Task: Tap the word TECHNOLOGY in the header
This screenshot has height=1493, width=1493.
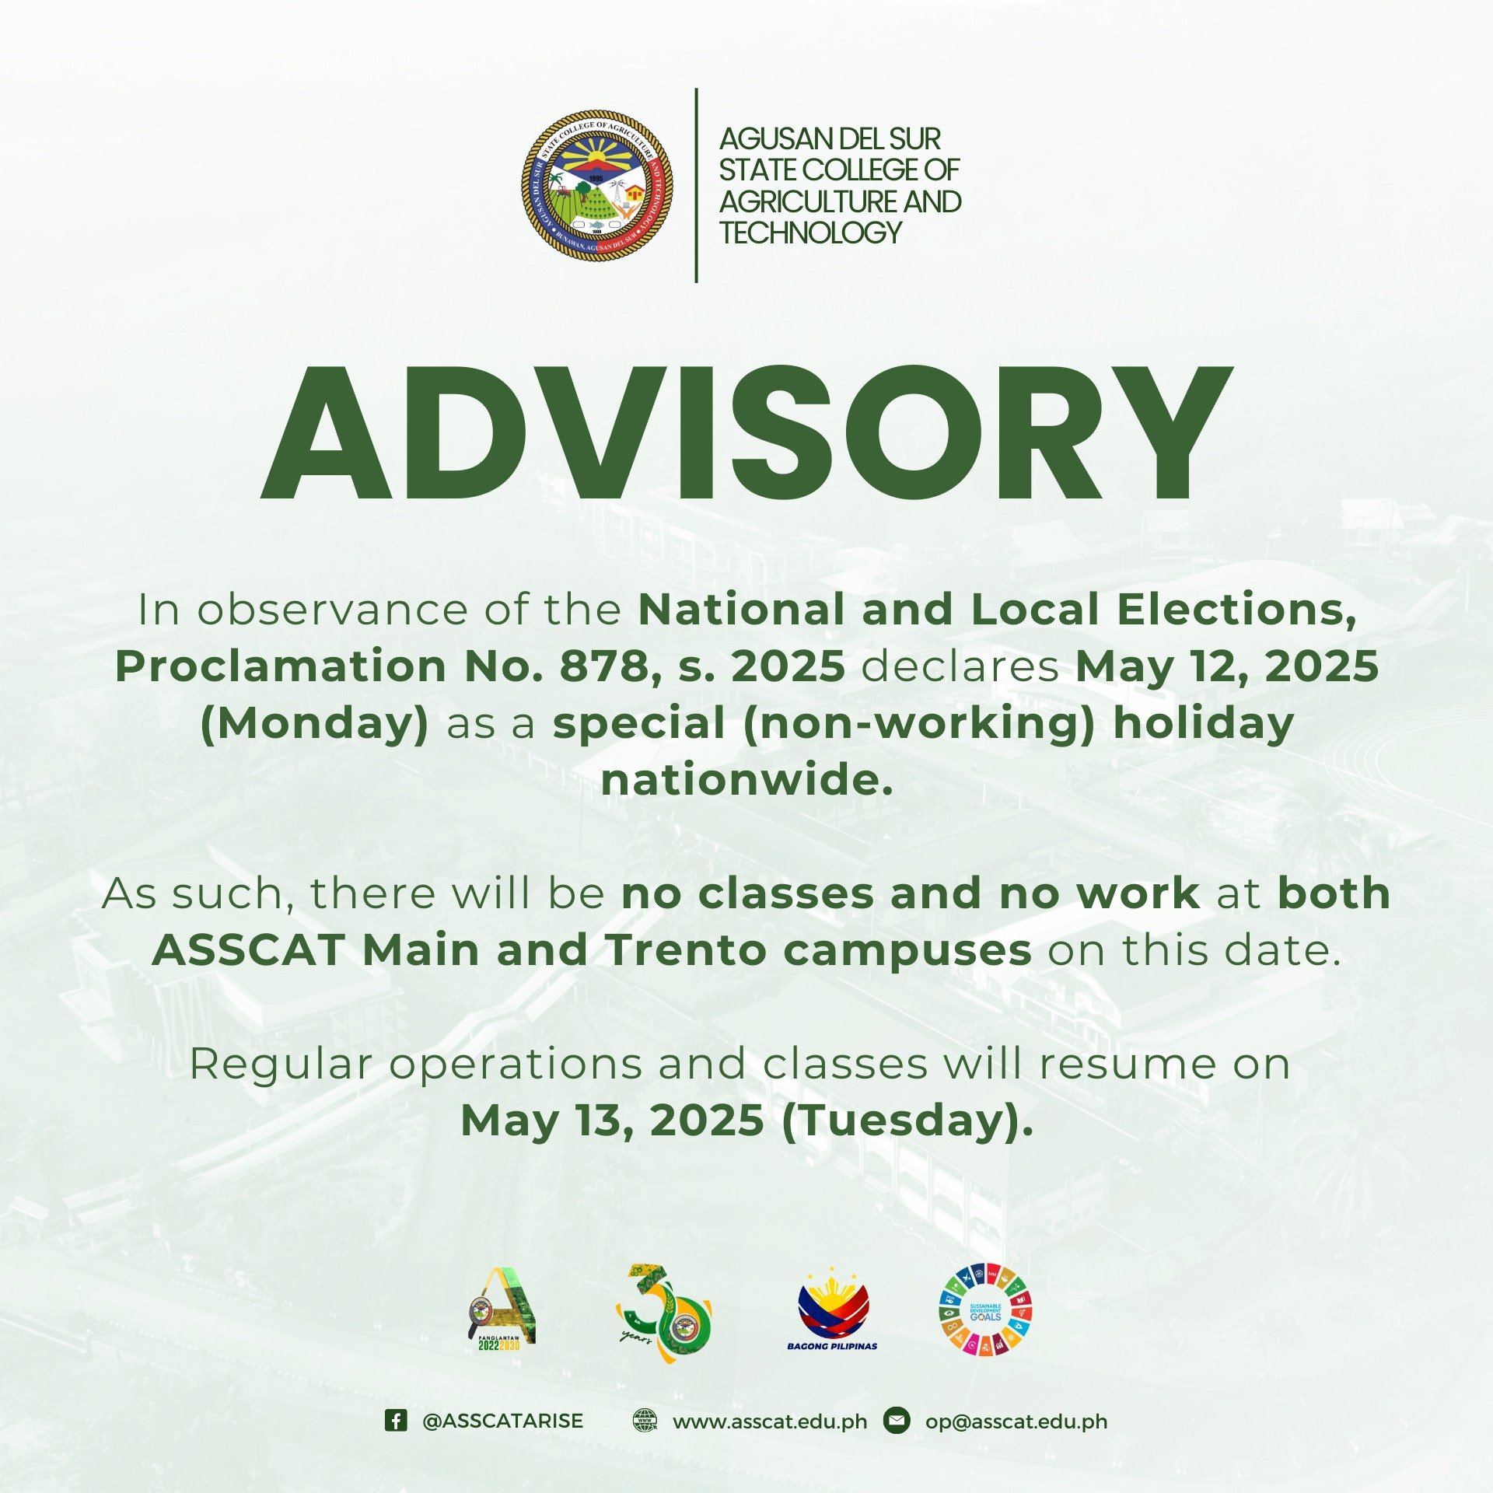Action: (x=810, y=233)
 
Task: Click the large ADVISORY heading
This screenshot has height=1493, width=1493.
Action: (x=746, y=432)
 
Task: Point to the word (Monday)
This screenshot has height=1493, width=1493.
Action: (x=315, y=723)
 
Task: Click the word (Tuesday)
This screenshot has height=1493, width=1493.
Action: (x=907, y=1121)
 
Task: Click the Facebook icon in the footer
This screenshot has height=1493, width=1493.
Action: (x=396, y=1421)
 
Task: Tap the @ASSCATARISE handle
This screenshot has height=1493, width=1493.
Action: (x=502, y=1421)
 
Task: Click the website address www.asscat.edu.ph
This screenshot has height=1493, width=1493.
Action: (x=770, y=1422)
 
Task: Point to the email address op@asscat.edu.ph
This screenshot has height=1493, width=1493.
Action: (x=1016, y=1422)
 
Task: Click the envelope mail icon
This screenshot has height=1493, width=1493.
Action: (x=897, y=1421)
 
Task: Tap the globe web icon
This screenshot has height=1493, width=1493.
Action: (x=645, y=1421)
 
